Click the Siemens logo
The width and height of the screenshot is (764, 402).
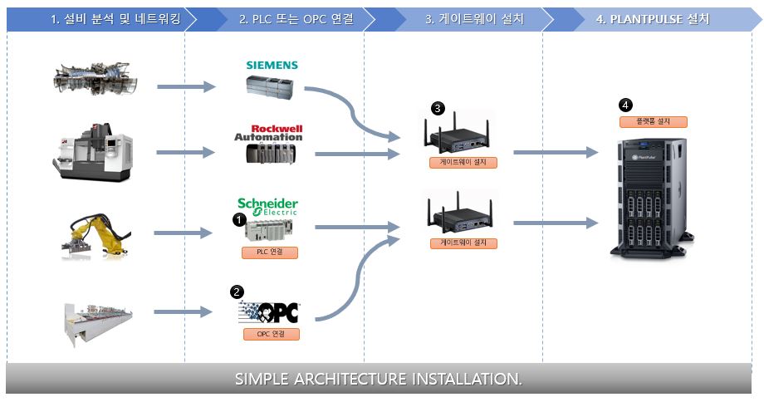(272, 66)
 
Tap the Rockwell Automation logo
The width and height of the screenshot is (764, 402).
(268, 132)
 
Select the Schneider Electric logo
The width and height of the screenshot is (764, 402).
(267, 205)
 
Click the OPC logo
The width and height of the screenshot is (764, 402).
(268, 312)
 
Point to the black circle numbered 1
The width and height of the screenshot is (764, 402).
(238, 220)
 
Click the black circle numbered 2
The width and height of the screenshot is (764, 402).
(238, 292)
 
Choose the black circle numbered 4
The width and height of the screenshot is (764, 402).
(625, 105)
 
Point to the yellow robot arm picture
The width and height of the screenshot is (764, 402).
(95, 233)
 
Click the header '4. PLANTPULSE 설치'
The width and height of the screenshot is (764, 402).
(653, 18)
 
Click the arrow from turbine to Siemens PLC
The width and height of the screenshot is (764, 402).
(186, 86)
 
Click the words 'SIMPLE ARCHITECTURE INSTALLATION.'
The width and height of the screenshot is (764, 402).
(379, 380)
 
